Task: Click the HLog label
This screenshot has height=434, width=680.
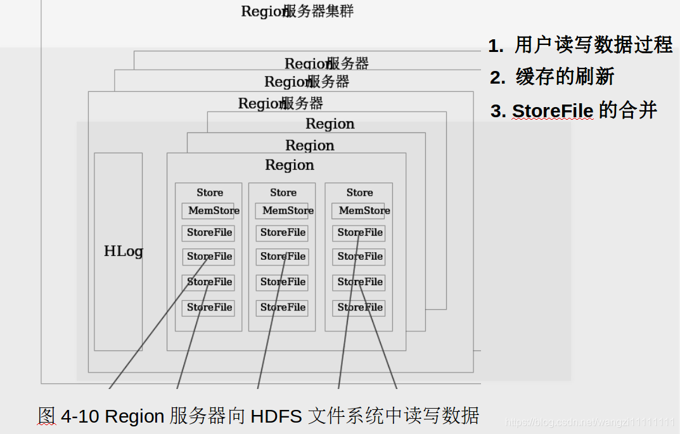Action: tap(123, 252)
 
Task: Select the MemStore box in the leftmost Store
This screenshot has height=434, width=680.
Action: tap(208, 211)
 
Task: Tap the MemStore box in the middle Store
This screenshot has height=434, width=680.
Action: tap(282, 211)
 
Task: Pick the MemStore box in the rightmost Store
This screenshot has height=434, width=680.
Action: tap(359, 211)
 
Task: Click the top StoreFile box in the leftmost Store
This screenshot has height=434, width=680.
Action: tap(208, 233)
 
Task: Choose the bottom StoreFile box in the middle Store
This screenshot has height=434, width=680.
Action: tap(282, 307)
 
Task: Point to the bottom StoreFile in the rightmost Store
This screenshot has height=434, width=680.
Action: tap(359, 307)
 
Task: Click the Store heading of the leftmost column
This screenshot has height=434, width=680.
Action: tap(209, 193)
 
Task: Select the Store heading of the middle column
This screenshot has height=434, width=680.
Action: tap(283, 193)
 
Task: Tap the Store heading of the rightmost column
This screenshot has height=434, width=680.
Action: tap(359, 193)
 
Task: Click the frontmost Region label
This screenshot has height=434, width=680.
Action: tap(289, 165)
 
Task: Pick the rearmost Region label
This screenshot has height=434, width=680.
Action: tap(330, 124)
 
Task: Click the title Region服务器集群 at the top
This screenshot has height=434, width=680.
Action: tap(297, 11)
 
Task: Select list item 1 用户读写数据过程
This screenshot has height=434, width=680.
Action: tap(580, 46)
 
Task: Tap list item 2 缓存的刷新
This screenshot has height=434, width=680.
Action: tap(552, 77)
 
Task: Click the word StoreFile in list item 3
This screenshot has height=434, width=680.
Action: tap(552, 112)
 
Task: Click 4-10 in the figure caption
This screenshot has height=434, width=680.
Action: tap(80, 416)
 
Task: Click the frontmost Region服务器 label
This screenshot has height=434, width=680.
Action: tap(280, 103)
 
